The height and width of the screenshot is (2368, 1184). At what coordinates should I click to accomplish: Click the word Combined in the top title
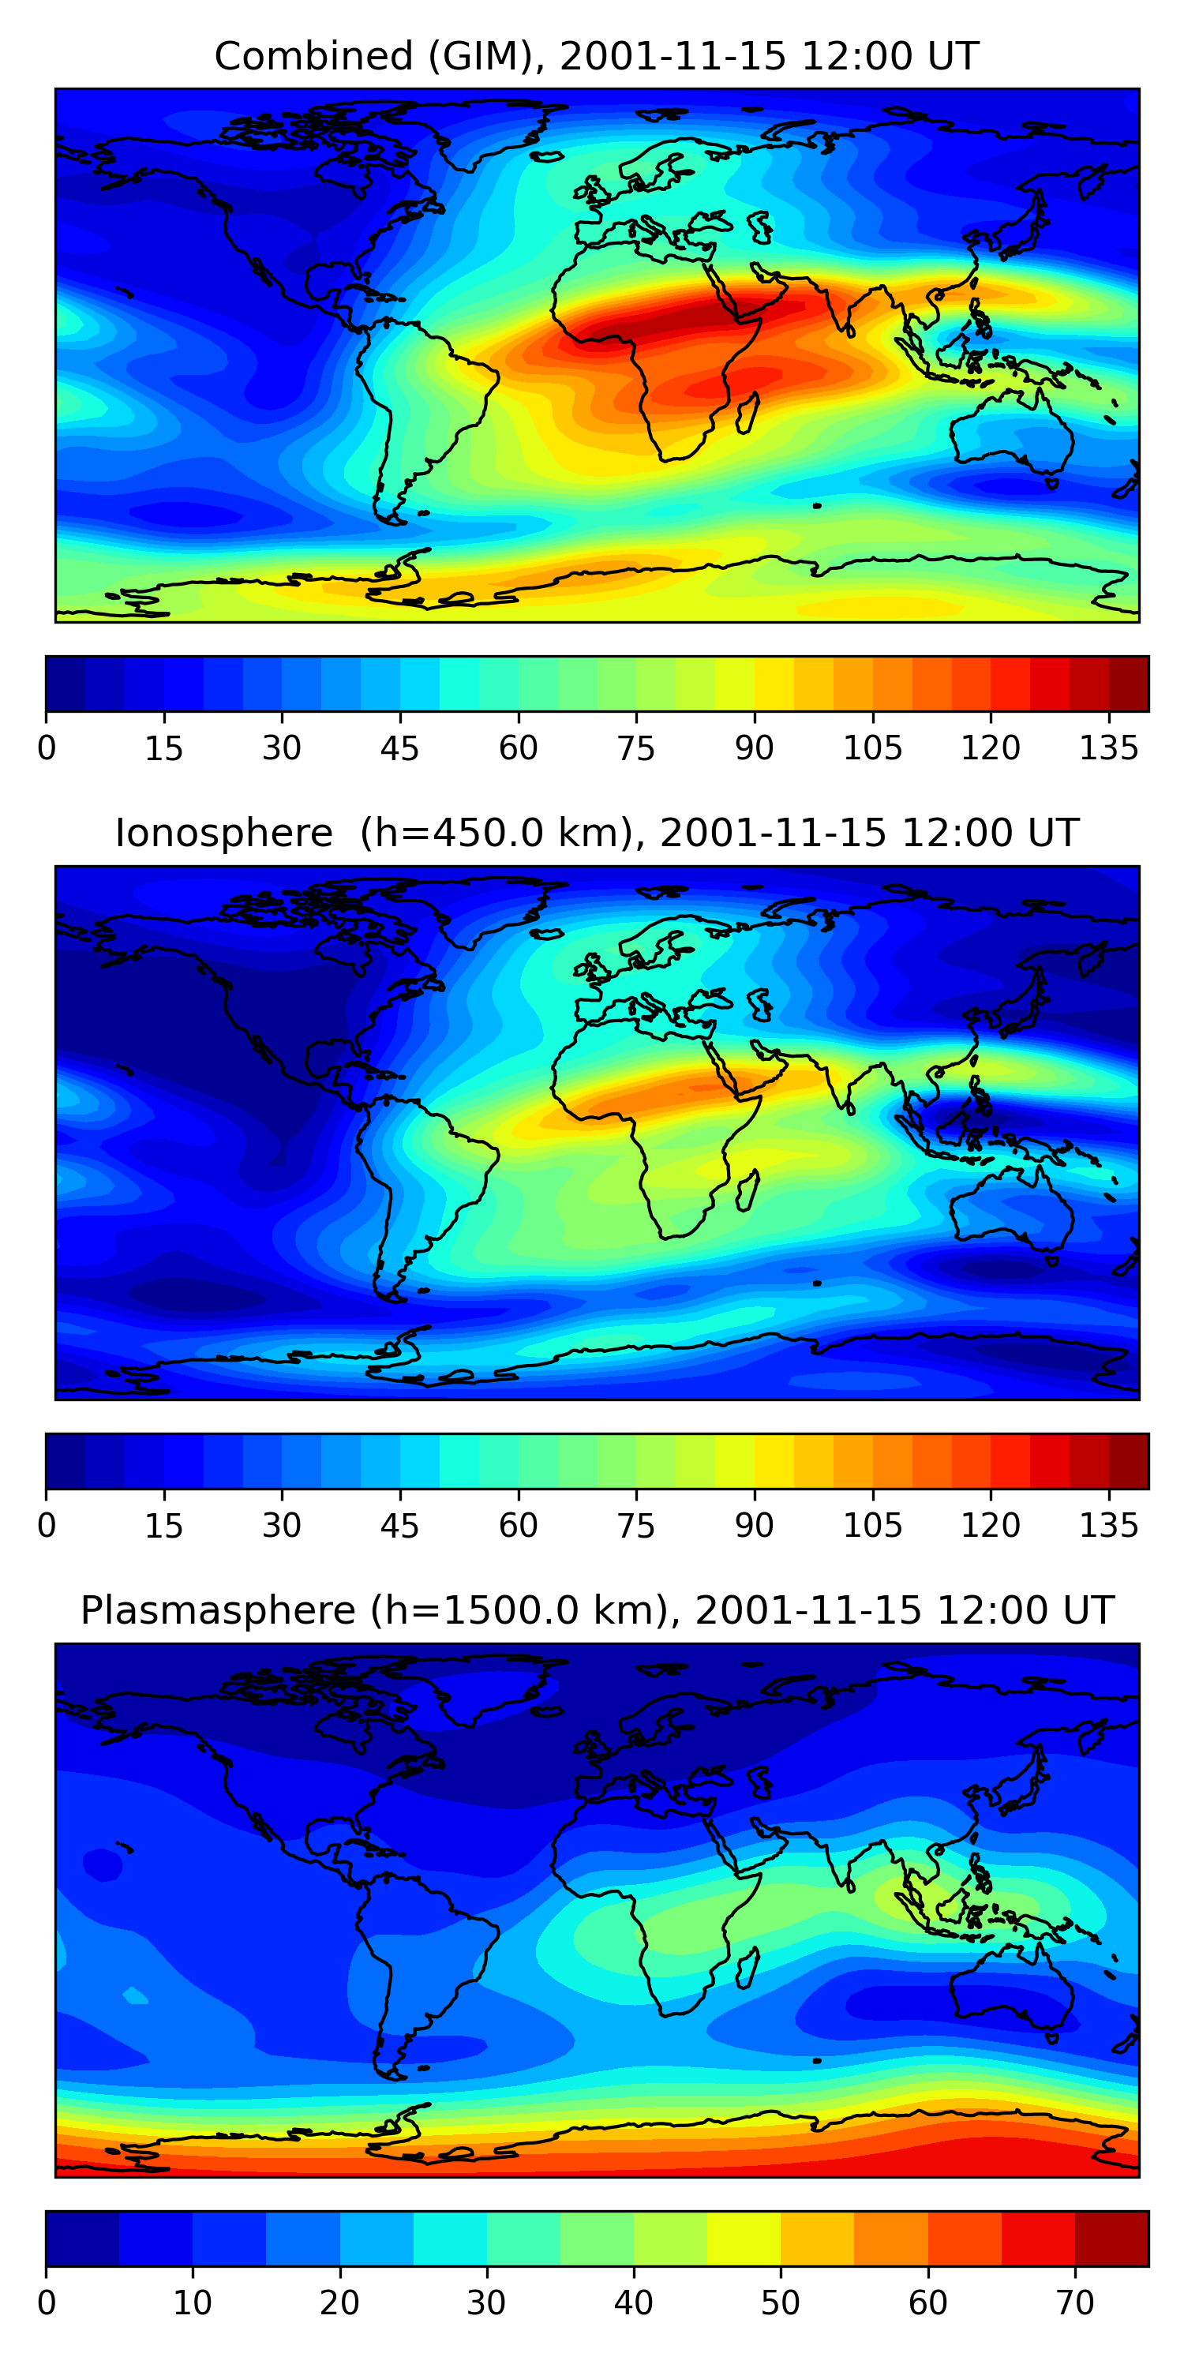313,56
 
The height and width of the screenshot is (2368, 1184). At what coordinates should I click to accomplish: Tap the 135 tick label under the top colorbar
1109,748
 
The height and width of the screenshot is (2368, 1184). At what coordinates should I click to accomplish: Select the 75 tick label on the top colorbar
636,748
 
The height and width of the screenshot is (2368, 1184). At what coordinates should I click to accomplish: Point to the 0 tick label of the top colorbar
46,748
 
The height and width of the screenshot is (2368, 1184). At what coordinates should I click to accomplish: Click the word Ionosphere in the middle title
223,834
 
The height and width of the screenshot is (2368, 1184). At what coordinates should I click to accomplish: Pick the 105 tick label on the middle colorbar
872,1525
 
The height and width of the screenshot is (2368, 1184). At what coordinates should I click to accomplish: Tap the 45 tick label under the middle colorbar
400,1525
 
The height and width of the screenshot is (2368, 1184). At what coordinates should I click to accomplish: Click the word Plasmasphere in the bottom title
217,1610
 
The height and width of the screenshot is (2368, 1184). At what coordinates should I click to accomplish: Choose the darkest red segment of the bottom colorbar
1111,2239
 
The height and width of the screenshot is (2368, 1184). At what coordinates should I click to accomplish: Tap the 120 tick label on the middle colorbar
990,1525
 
